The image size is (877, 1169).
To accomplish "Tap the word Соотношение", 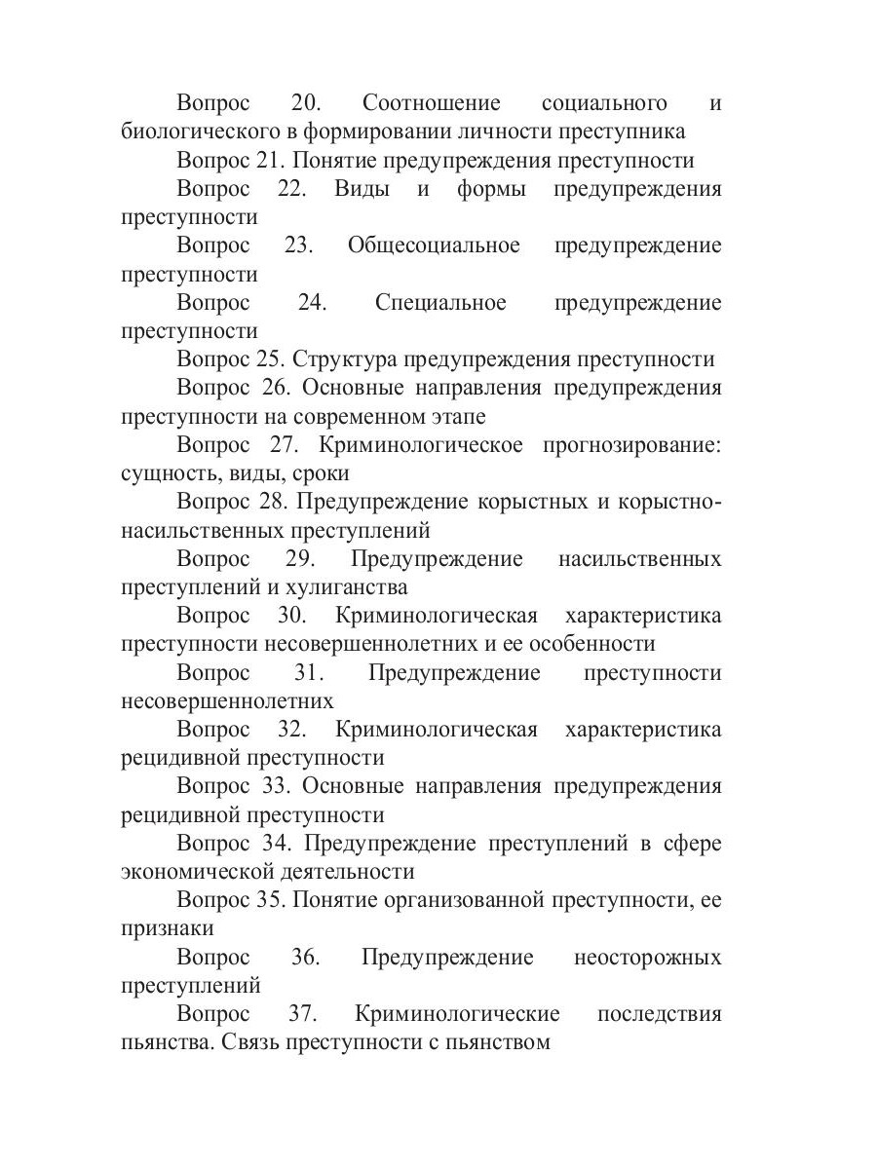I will [431, 103].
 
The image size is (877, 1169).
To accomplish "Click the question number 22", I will [291, 189].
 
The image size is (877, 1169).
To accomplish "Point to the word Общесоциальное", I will [434, 245].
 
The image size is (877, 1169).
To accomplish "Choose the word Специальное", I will [440, 303].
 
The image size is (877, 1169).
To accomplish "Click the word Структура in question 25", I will [343, 359].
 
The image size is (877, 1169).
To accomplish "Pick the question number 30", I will [291, 617].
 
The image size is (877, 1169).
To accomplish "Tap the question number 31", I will [309, 673].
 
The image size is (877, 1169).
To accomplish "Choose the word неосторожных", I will [648, 958].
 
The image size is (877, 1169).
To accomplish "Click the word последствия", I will [659, 1014].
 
